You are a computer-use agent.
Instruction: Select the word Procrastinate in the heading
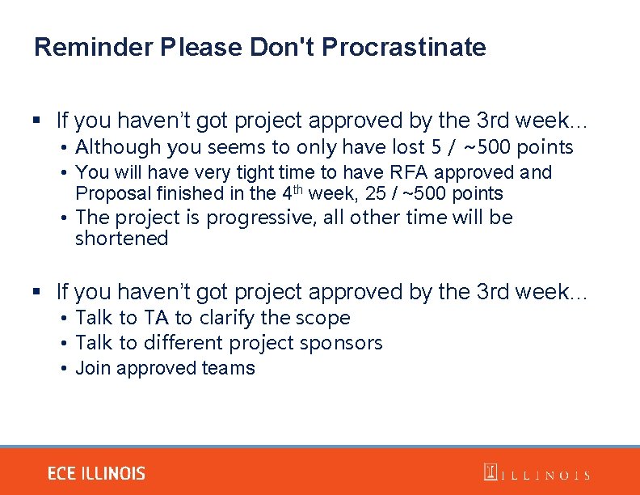(x=403, y=47)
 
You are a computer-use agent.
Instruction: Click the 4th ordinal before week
(x=289, y=192)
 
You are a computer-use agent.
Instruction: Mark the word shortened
(x=121, y=239)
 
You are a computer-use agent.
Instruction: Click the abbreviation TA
(x=156, y=318)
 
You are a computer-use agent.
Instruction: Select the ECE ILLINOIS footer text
(x=96, y=473)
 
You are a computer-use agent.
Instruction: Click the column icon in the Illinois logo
(x=490, y=472)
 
